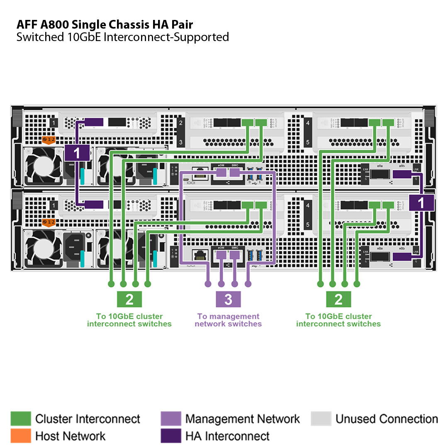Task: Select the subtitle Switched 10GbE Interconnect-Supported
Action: pos(122,37)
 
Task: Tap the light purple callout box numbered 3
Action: pos(228,299)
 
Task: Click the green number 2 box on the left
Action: pos(129,299)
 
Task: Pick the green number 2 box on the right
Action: pos(338,299)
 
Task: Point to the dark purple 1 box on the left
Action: pos(77,153)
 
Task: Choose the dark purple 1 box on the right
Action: pos(421,203)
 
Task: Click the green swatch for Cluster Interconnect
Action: pos(21,419)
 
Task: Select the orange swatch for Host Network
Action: pos(21,436)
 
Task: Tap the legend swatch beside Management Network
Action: pos(170,419)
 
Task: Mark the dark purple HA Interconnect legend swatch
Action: pos(170,436)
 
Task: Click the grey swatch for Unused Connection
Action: pos(321,419)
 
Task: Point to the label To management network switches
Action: pos(228,320)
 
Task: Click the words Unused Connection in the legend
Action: pos(387,419)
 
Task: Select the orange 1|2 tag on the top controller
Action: pos(50,140)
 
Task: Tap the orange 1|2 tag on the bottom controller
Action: pos(50,223)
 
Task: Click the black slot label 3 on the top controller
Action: pos(180,142)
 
